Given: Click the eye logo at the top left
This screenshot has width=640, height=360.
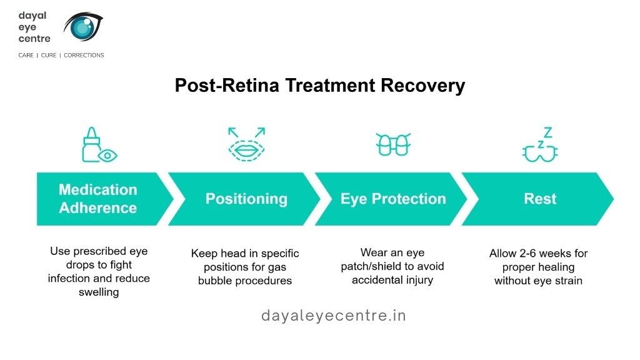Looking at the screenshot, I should pyautogui.click(x=84, y=28).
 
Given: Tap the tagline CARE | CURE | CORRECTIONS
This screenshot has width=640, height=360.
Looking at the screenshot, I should pyautogui.click(x=61, y=55).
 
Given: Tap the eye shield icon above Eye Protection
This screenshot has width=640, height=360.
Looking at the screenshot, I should pyautogui.click(x=393, y=145).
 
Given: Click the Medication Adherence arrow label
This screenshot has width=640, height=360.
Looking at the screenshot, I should pyautogui.click(x=98, y=199).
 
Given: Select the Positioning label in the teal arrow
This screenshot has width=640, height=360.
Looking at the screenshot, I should pyautogui.click(x=246, y=199).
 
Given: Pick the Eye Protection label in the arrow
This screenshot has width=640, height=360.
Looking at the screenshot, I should pyautogui.click(x=393, y=199).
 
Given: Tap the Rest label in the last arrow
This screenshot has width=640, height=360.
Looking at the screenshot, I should pyautogui.click(x=540, y=199).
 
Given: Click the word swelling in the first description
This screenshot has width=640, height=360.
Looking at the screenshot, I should pyautogui.click(x=99, y=292).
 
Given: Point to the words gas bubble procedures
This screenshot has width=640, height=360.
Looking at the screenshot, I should pyautogui.click(x=245, y=281).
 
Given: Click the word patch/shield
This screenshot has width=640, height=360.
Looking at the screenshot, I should pyautogui.click(x=376, y=266).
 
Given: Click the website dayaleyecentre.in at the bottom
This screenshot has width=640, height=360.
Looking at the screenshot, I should pyautogui.click(x=333, y=316).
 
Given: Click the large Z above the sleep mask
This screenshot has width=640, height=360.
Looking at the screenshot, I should pyautogui.click(x=547, y=132).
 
